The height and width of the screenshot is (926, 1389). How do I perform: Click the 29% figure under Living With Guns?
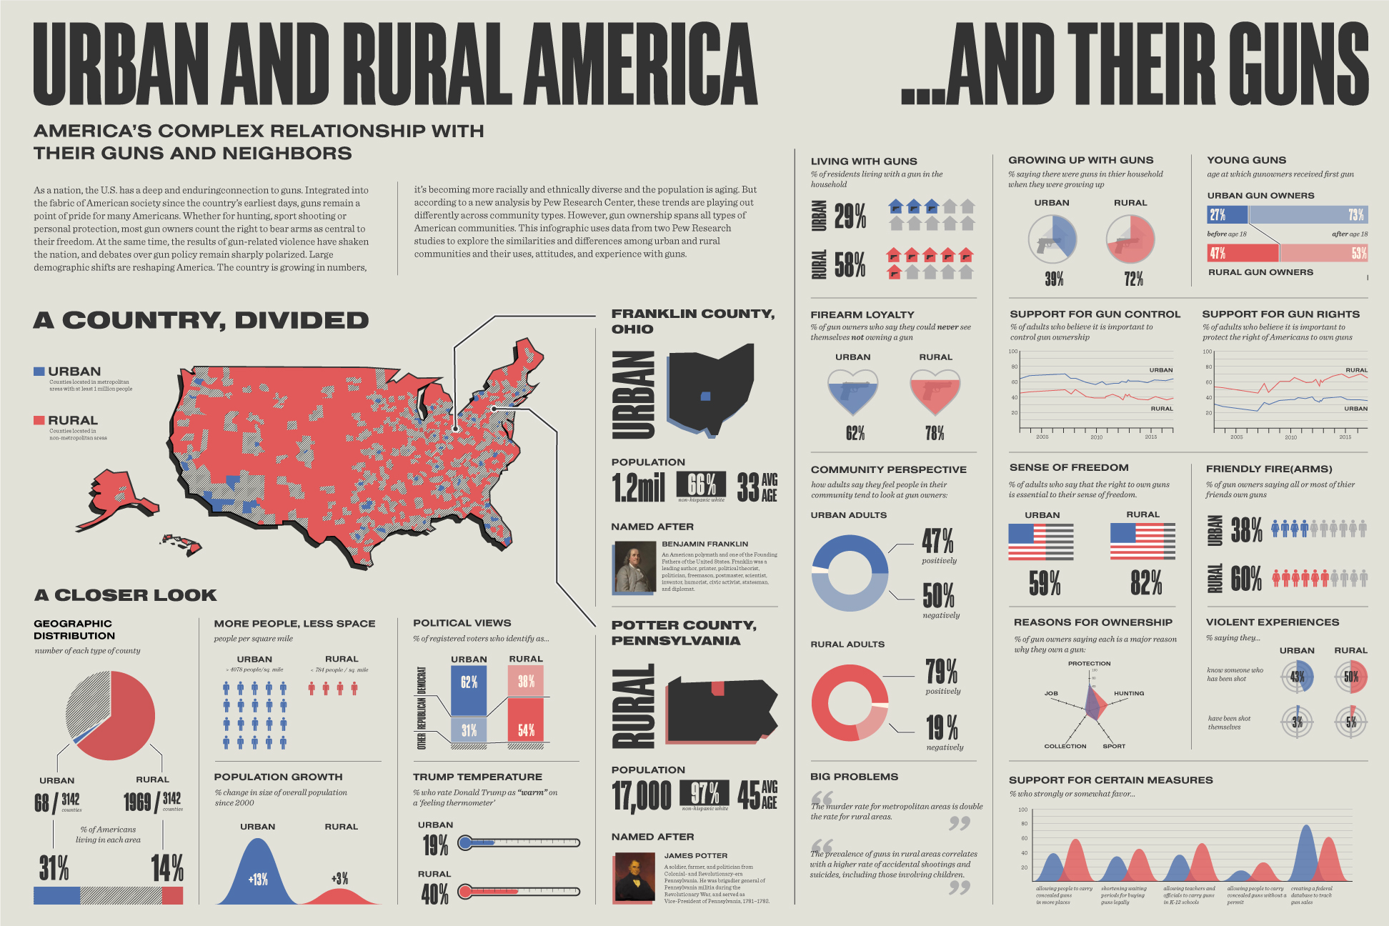(850, 216)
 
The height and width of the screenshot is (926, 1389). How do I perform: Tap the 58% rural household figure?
(850, 264)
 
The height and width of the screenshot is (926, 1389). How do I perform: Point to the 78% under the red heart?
(934, 433)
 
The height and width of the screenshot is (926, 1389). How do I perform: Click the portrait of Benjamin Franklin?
(634, 567)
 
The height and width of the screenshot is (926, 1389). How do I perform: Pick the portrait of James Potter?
(634, 877)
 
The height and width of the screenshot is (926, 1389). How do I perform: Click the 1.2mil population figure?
(638, 487)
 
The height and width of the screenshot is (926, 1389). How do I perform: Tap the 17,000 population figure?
(642, 795)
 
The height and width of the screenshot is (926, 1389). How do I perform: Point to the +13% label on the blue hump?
(258, 880)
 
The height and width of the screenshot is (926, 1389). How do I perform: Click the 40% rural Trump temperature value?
(435, 894)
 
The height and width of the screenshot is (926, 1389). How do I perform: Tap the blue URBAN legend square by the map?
(39, 372)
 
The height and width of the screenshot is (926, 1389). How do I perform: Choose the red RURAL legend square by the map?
(39, 420)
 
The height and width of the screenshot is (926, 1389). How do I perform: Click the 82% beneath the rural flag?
(1146, 583)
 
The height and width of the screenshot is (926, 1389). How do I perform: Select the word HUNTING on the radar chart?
(1129, 693)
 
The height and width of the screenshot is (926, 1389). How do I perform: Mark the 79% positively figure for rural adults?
(942, 672)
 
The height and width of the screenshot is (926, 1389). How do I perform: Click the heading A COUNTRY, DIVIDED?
(201, 321)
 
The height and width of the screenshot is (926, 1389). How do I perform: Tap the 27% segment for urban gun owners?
(1227, 215)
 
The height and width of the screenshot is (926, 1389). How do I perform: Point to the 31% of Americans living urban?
(54, 868)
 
